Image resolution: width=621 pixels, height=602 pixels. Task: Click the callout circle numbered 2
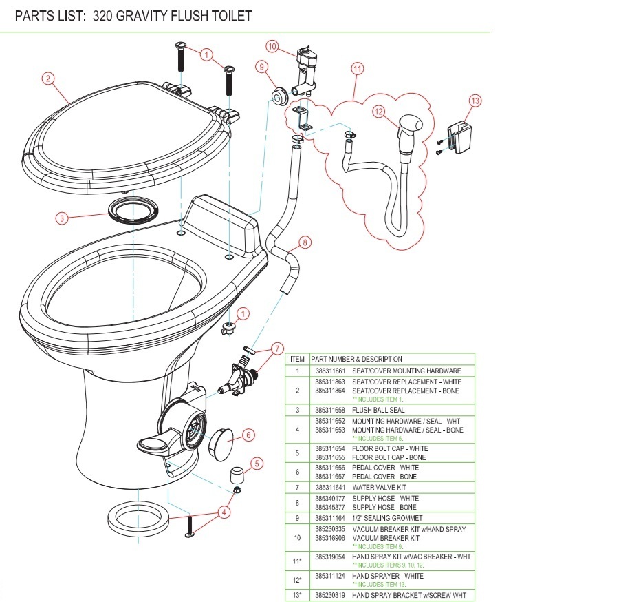click(x=47, y=79)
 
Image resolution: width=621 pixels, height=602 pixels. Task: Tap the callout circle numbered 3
click(x=63, y=218)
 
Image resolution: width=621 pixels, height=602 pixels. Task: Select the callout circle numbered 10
click(x=272, y=47)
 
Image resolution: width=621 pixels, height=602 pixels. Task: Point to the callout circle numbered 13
click(x=475, y=101)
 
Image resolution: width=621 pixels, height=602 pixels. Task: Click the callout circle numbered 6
click(x=248, y=435)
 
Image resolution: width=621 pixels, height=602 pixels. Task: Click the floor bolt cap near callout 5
click(x=237, y=475)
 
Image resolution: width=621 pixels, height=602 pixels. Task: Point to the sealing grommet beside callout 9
click(x=279, y=96)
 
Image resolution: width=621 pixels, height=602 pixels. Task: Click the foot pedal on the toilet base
click(x=158, y=448)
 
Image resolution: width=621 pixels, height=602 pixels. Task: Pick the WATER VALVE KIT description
click(x=384, y=486)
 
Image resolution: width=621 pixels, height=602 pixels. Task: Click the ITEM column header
click(x=297, y=359)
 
